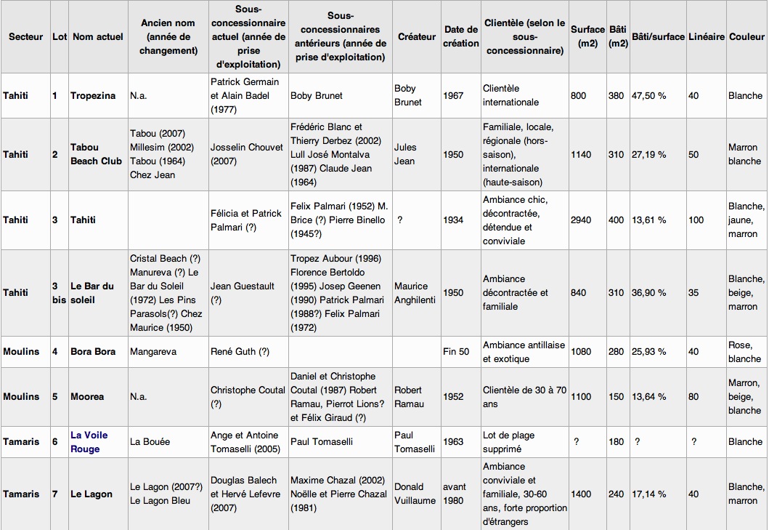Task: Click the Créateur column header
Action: pyautogui.click(x=417, y=36)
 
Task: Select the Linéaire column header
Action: pyautogui.click(x=706, y=36)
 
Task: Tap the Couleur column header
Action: pyautogui.click(x=746, y=36)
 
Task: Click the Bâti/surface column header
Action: pyautogui.click(x=658, y=36)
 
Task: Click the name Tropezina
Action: pyautogui.click(x=93, y=95)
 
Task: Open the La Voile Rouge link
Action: pyautogui.click(x=89, y=442)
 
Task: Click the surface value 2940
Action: pyautogui.click(x=582, y=220)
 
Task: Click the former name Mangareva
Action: pyautogui.click(x=152, y=352)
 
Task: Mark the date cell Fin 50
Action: pyautogui.click(x=456, y=352)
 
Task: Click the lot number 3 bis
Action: pyautogui.click(x=59, y=293)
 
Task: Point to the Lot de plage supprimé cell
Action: pyautogui.click(x=508, y=442)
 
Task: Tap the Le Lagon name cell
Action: pyautogui.click(x=91, y=494)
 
